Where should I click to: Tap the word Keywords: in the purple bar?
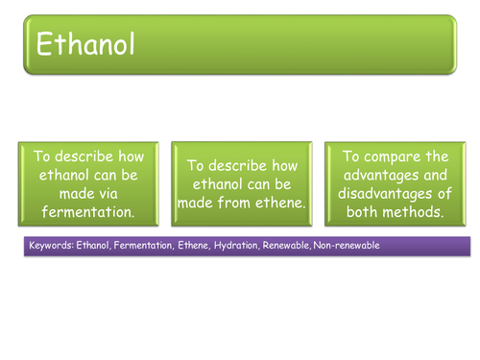pos(52,246)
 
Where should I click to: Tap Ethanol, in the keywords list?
pos(92,246)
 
